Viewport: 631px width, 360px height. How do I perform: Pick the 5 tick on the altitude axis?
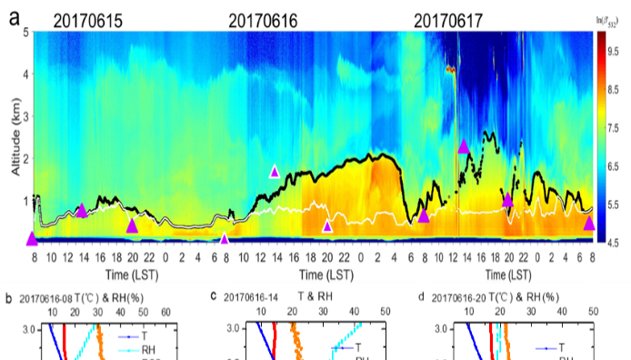[25, 32]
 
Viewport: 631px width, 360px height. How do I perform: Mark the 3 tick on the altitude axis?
[25, 116]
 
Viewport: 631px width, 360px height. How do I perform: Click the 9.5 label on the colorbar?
[615, 51]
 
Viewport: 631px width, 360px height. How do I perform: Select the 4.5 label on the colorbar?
[615, 242]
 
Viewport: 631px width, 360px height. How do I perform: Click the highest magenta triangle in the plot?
[464, 145]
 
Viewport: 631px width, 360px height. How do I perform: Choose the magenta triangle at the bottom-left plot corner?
[33, 238]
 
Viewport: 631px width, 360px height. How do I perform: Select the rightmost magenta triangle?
[589, 222]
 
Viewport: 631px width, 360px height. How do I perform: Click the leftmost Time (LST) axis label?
[126, 273]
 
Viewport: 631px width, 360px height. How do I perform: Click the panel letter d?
[421, 296]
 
